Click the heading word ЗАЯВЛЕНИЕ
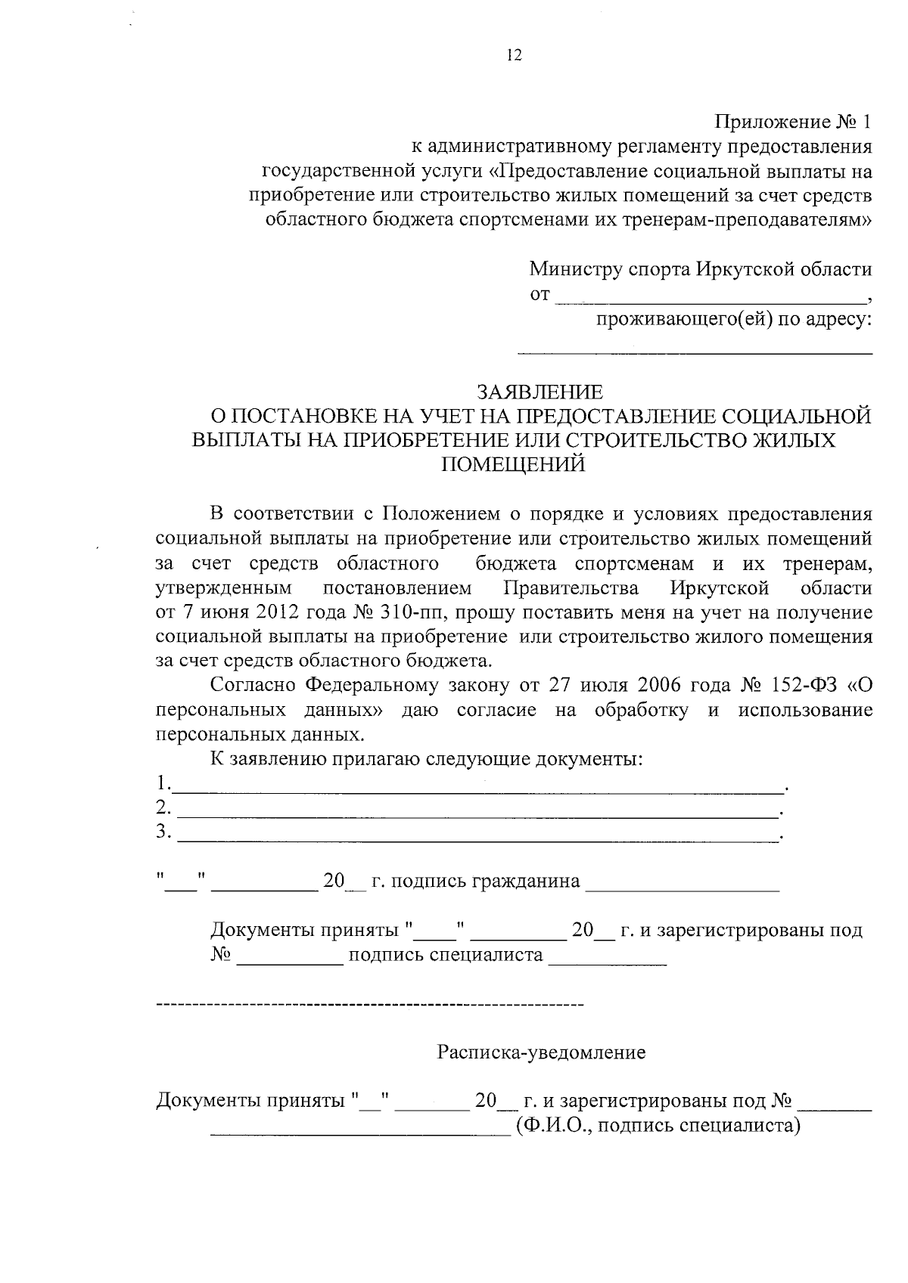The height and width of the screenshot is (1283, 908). click(x=539, y=392)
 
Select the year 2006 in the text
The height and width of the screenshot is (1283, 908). click(x=664, y=686)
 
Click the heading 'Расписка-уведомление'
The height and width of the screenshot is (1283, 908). click(x=541, y=1052)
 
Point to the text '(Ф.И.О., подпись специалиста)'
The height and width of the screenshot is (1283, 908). click(x=658, y=1126)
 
